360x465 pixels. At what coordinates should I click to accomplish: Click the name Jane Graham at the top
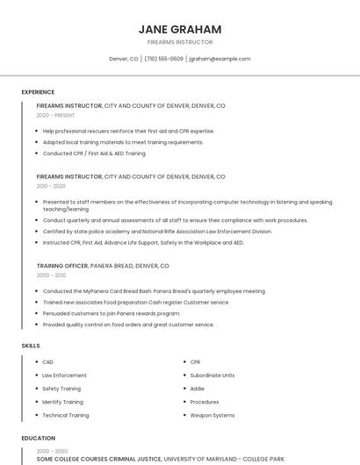(x=180, y=30)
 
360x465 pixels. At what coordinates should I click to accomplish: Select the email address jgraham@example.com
(x=220, y=59)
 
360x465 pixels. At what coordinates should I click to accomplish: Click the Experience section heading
(x=38, y=92)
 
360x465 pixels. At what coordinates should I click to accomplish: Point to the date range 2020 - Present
(x=55, y=115)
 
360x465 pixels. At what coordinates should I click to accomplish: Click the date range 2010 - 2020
(x=51, y=186)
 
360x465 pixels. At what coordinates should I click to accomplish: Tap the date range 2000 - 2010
(x=51, y=275)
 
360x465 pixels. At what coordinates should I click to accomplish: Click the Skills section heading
(x=31, y=346)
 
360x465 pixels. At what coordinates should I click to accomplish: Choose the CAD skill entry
(x=47, y=361)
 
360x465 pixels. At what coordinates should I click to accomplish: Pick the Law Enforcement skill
(x=64, y=375)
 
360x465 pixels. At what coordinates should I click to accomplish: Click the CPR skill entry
(x=196, y=361)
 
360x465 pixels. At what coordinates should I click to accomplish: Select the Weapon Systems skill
(x=212, y=415)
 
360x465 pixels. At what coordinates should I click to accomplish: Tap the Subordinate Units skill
(x=212, y=375)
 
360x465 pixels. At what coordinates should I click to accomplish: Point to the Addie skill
(x=198, y=388)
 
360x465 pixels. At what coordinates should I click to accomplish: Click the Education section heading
(x=38, y=438)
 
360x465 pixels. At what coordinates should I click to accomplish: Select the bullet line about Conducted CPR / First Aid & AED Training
(x=94, y=154)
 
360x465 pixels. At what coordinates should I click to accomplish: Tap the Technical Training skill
(x=66, y=415)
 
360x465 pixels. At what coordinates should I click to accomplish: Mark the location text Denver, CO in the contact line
(x=124, y=59)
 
